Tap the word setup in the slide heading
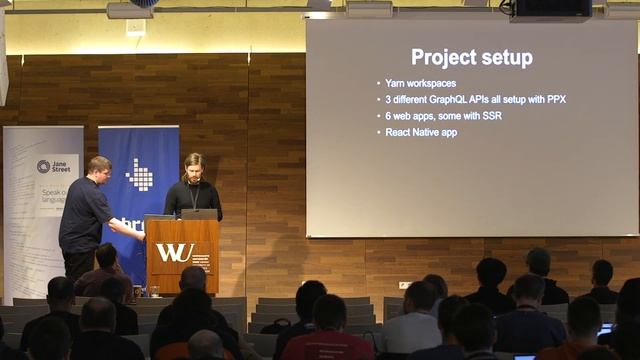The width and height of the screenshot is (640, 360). pyautogui.click(x=506, y=58)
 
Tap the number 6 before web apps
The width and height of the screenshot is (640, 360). pyautogui.click(x=389, y=115)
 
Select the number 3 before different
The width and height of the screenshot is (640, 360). pyautogui.click(x=389, y=99)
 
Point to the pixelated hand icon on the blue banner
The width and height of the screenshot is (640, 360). pyautogui.click(x=140, y=175)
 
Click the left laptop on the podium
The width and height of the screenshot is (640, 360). pyautogui.click(x=159, y=216)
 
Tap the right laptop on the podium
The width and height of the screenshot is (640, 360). pyautogui.click(x=199, y=214)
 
